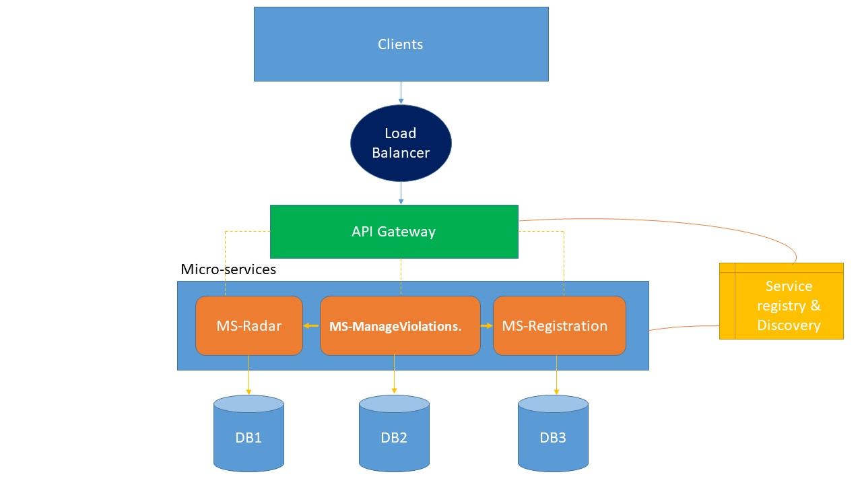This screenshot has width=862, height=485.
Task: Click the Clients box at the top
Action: (x=401, y=44)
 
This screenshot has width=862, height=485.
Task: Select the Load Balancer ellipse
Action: (x=401, y=143)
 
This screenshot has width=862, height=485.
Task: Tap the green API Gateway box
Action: (x=394, y=232)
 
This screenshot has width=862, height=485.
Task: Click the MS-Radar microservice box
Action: (x=248, y=326)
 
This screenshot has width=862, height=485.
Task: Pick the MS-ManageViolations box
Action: (x=400, y=326)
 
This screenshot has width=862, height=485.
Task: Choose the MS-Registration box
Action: (x=559, y=326)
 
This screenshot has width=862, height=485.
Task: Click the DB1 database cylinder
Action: (x=248, y=434)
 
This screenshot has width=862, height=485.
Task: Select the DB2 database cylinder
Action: (x=394, y=434)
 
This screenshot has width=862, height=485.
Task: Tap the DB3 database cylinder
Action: (x=553, y=434)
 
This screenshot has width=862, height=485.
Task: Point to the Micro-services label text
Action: (x=228, y=269)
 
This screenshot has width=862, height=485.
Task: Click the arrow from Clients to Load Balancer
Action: (x=401, y=92)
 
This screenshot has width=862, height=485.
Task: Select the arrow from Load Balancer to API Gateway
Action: (x=401, y=193)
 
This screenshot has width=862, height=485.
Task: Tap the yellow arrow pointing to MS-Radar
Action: (x=311, y=326)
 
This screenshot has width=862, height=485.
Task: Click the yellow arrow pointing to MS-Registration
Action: (x=487, y=326)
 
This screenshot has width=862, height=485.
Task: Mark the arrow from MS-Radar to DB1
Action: (x=248, y=375)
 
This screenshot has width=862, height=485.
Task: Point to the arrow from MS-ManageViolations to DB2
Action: (x=394, y=375)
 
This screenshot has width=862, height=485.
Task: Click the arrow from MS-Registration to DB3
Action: (x=556, y=375)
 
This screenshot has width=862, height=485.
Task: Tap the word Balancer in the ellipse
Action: (x=401, y=153)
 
